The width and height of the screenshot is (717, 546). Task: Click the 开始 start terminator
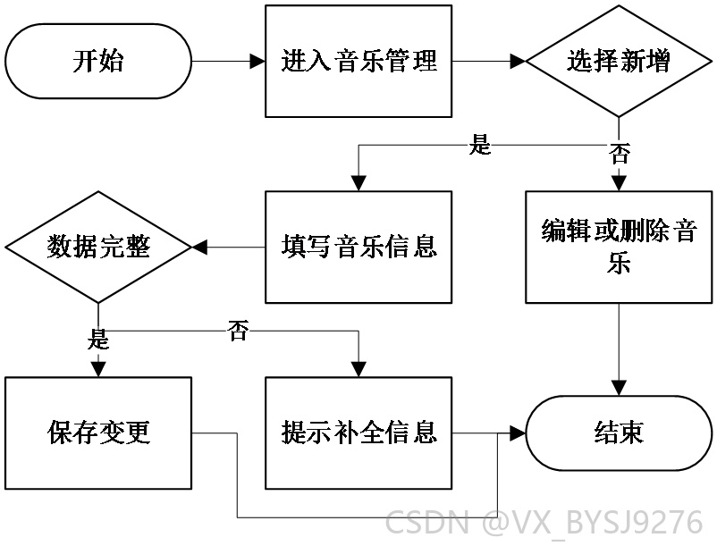coord(98,62)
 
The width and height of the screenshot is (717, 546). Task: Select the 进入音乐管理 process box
coord(358,62)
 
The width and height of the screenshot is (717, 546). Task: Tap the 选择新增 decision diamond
coord(619,62)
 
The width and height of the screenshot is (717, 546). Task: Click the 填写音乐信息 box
coord(358,248)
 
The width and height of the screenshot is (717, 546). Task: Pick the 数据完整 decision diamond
coord(98,248)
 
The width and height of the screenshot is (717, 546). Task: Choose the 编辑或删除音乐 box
coord(619,248)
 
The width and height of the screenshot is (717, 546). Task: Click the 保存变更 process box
coord(98,433)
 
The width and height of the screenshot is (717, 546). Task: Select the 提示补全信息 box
coord(358,433)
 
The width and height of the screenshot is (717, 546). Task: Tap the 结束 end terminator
coord(619,433)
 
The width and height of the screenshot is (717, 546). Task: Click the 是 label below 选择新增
coord(480,145)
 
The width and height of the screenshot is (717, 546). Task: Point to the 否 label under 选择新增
coord(620,154)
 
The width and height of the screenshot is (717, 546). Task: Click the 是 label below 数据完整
coord(98,339)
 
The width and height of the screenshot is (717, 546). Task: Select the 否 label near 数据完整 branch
coord(239,331)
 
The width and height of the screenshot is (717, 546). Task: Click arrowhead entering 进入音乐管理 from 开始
coord(257,62)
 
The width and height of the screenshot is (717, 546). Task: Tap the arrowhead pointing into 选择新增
coord(518,62)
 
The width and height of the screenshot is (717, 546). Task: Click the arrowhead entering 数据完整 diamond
coord(199,248)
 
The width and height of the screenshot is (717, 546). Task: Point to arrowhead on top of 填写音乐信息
coord(358,183)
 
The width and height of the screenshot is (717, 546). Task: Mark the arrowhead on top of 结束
coord(619,388)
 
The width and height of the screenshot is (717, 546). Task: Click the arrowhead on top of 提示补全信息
coord(358,369)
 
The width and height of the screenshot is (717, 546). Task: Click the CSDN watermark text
coord(544,522)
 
